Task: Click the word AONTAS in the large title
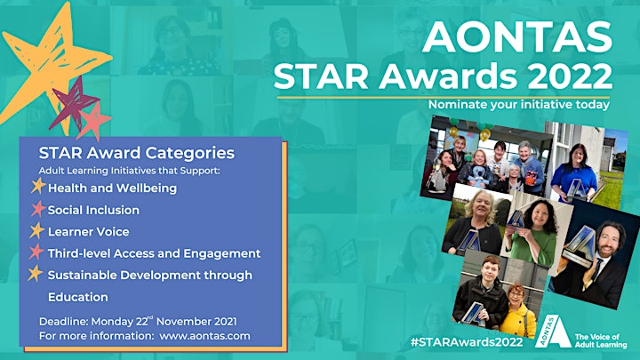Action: click(517, 36)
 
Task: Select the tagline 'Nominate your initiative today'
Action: click(519, 105)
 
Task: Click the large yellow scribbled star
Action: click(49, 61)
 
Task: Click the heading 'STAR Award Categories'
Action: click(137, 153)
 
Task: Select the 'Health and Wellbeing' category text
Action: click(112, 188)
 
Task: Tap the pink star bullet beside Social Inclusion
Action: click(37, 209)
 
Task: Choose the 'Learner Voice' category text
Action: click(89, 232)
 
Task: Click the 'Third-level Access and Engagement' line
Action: click(155, 253)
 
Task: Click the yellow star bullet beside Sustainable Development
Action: click(36, 274)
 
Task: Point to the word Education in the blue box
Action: click(78, 297)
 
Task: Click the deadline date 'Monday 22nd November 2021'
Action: click(164, 321)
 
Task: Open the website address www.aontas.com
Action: click(205, 336)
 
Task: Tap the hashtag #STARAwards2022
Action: click(467, 341)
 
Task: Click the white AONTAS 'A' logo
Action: click(553, 332)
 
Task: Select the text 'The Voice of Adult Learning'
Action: click(601, 340)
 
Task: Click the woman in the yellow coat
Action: click(515, 311)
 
